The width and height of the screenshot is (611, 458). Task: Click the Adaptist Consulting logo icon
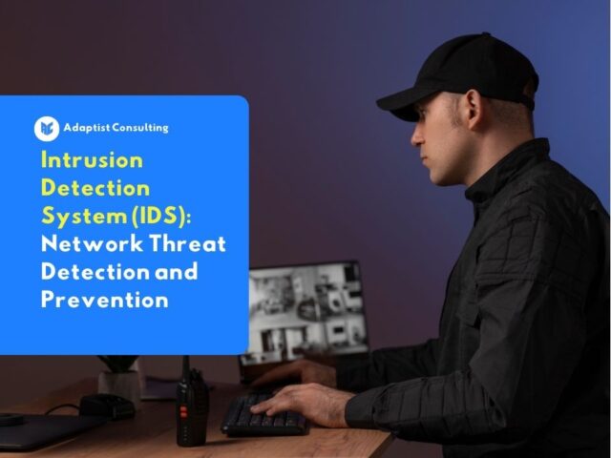(x=47, y=128)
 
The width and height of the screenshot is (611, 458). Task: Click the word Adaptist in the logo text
(x=87, y=127)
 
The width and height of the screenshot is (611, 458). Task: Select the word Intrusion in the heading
(x=92, y=159)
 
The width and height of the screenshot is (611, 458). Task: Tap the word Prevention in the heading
(x=105, y=300)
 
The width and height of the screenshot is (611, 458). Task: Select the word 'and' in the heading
(x=175, y=271)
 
